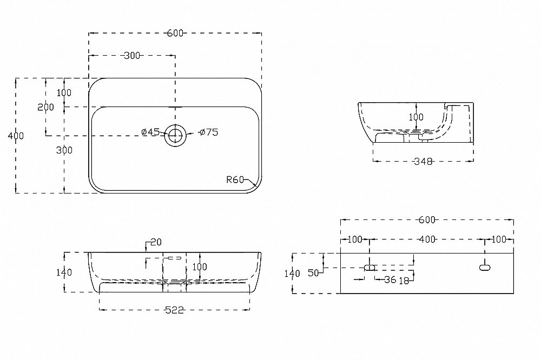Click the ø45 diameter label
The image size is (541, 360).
click(150, 132)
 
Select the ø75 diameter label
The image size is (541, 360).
click(208, 132)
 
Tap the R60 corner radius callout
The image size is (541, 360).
click(236, 180)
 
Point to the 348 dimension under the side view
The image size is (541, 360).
click(423, 162)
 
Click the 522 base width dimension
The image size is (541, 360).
click(175, 310)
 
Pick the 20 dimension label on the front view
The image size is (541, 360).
click(156, 242)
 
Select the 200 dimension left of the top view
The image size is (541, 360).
click(46, 107)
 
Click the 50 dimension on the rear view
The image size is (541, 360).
click(313, 273)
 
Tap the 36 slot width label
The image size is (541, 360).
click(389, 279)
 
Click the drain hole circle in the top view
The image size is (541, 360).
click(175, 135)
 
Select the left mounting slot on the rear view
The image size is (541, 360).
click(370, 267)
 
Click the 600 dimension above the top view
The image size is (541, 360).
click(175, 33)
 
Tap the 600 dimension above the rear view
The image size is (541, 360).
click(427, 219)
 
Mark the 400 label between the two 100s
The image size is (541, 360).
click(427, 239)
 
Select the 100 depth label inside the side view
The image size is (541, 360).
click(416, 117)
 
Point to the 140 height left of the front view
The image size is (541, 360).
click(64, 272)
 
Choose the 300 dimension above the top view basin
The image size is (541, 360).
click(132, 55)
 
